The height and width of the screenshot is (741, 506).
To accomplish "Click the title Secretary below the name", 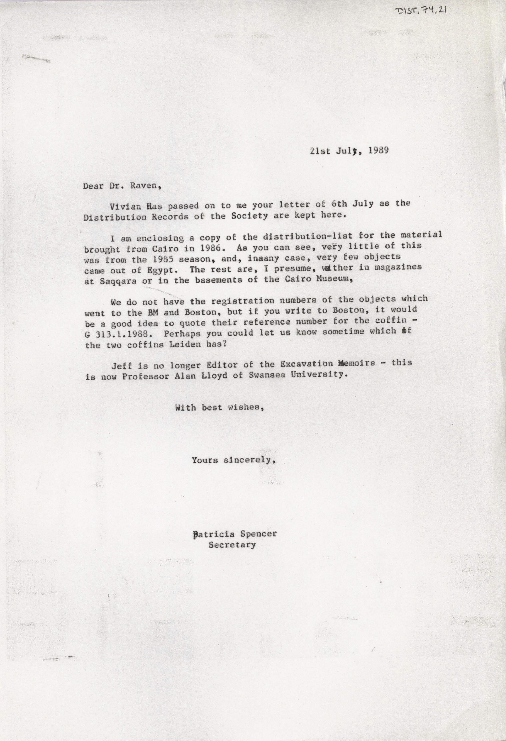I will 232,545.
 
